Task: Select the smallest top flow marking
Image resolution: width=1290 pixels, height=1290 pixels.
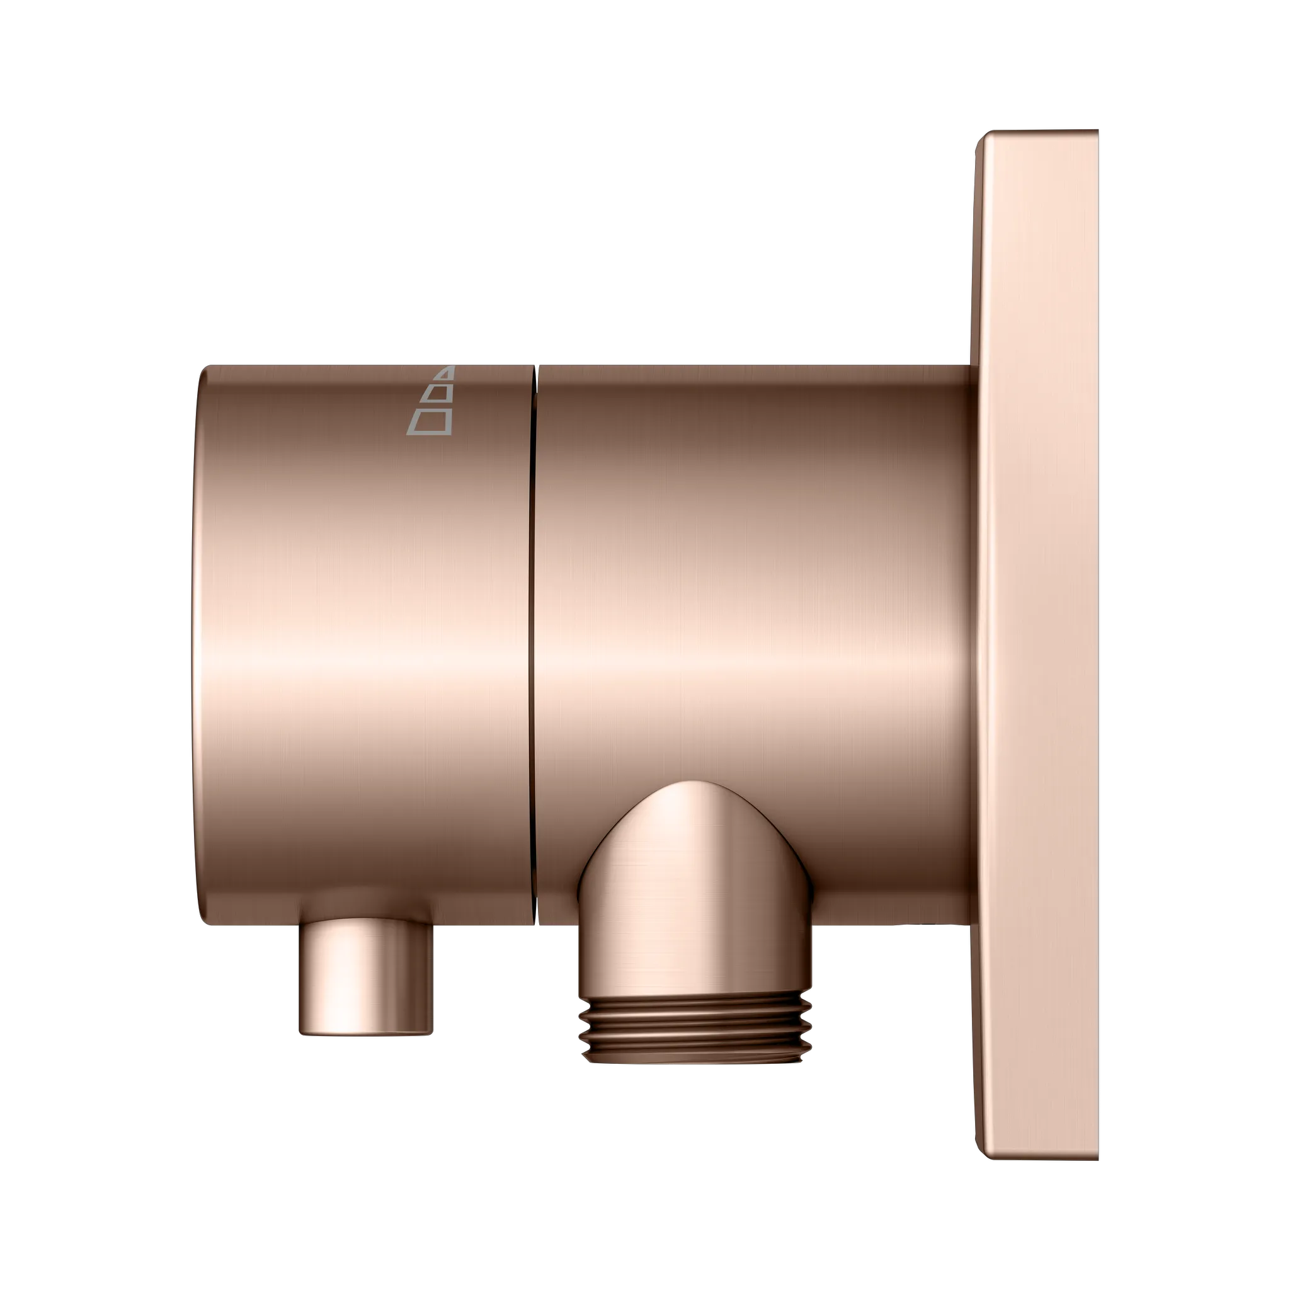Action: [x=447, y=373]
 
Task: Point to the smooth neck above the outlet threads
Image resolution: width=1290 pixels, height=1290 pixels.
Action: [x=697, y=961]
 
